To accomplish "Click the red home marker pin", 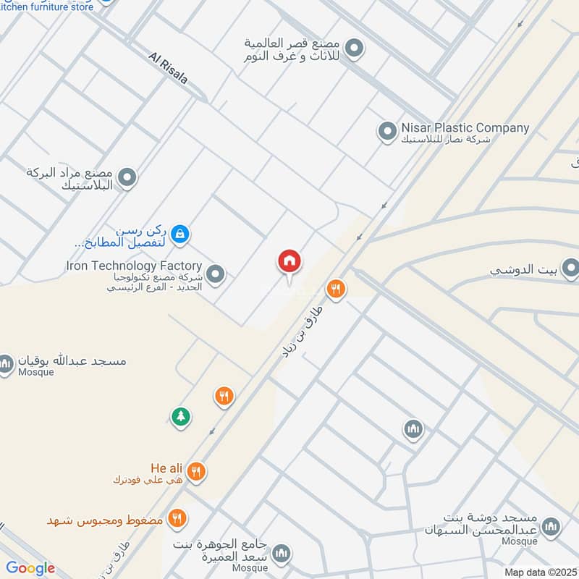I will [289, 262].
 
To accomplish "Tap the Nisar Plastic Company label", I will [465, 128].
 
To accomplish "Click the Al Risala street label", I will [168, 67].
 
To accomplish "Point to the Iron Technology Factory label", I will [134, 266].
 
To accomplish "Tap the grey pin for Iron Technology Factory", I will [215, 274].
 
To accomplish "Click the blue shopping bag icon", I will [181, 233].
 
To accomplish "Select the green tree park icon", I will [180, 416].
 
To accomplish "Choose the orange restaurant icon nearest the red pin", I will [336, 289].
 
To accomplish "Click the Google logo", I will [30, 568].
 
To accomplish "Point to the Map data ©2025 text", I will [540, 572].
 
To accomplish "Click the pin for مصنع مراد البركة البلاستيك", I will [127, 177].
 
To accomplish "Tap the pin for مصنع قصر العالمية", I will [354, 49].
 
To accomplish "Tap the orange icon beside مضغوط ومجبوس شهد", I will [177, 518].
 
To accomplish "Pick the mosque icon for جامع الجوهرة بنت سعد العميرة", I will [282, 554].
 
